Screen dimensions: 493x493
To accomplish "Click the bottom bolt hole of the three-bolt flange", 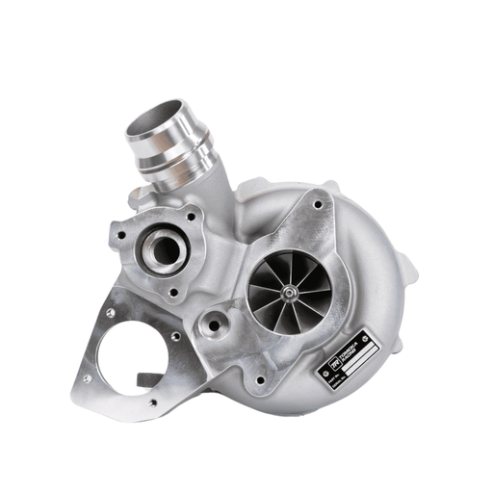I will [x=176, y=290].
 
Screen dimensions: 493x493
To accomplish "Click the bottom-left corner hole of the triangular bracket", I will [x=87, y=378].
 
